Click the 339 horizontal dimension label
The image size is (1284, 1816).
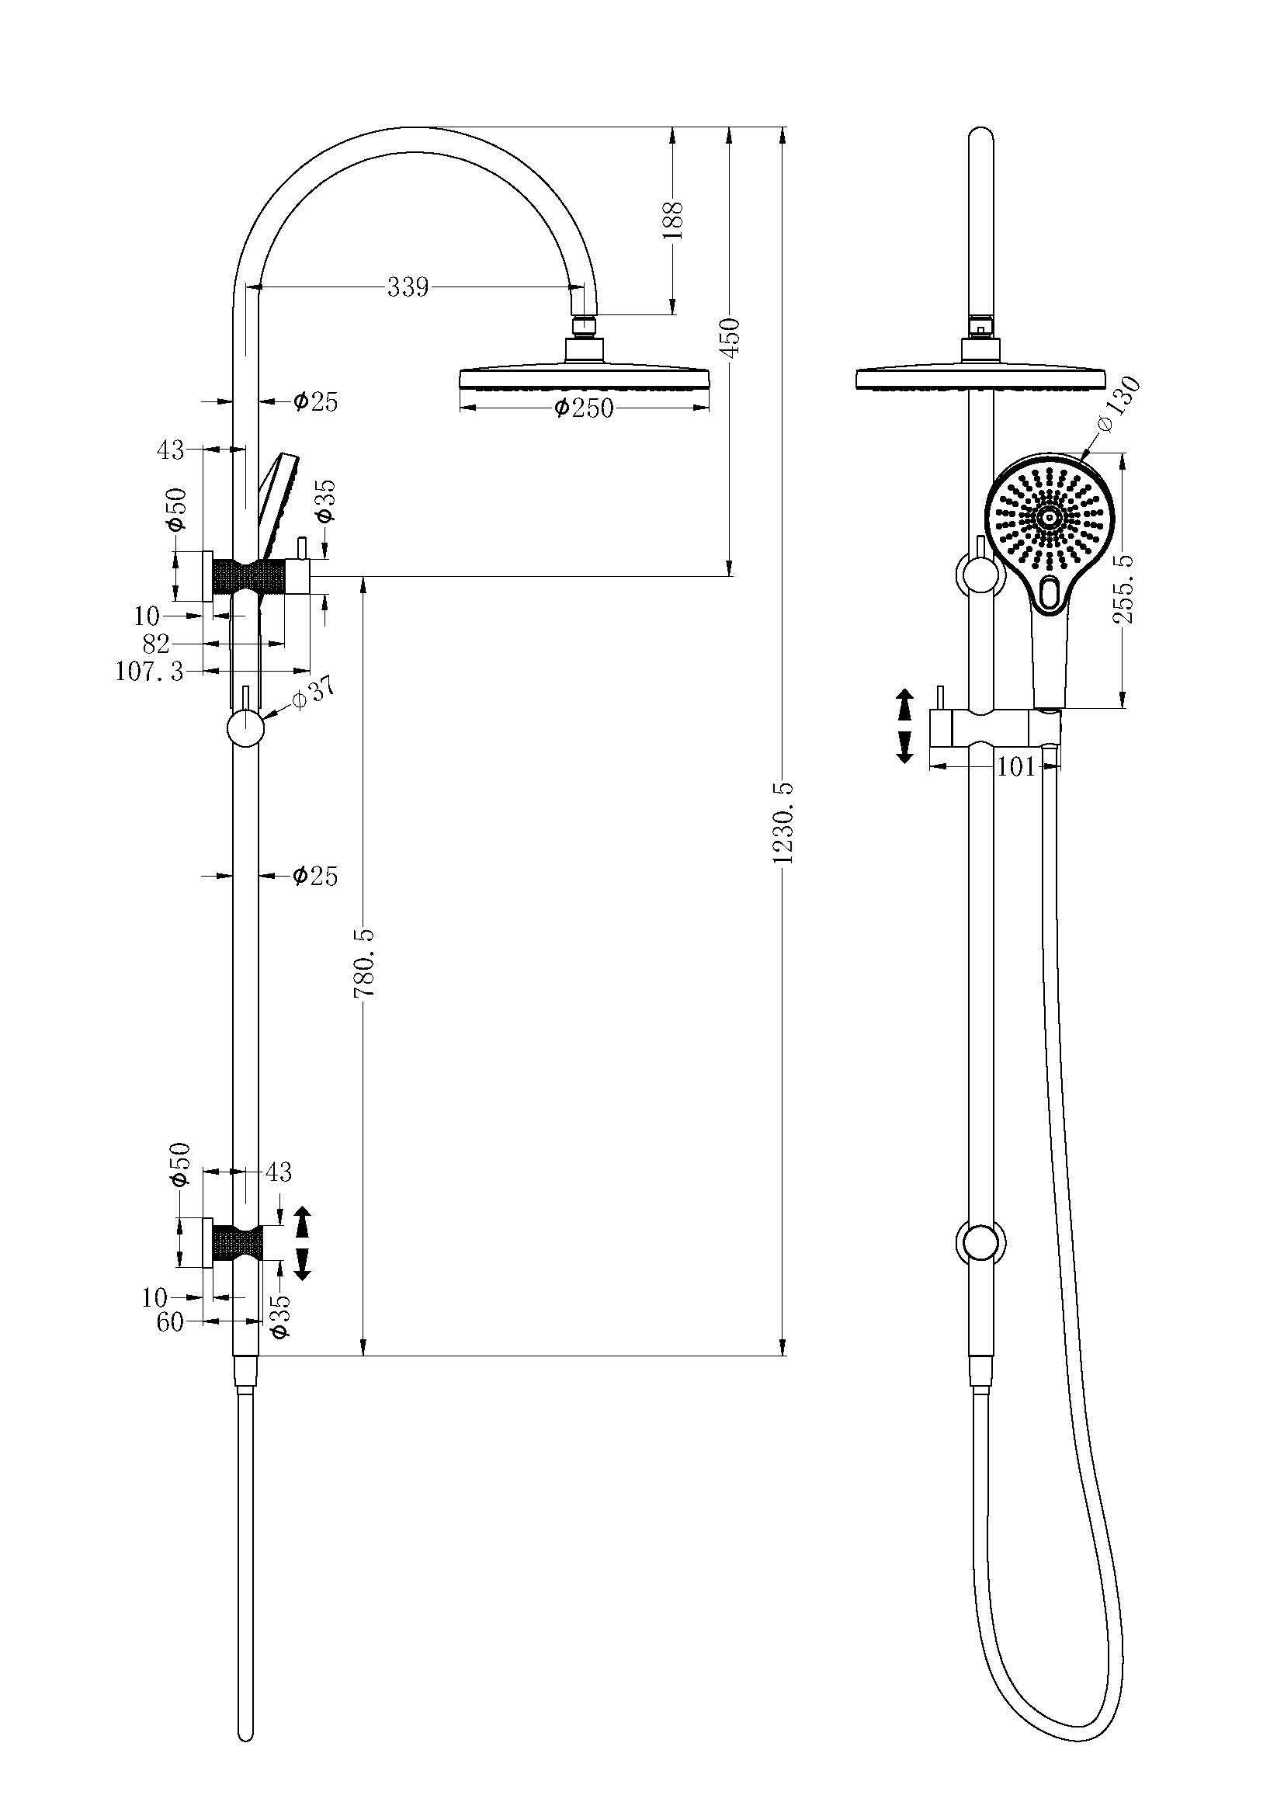pos(408,287)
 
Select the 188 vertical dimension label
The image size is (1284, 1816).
pos(673,221)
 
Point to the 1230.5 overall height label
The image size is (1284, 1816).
pos(783,822)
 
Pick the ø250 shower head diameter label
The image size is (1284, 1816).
pos(584,408)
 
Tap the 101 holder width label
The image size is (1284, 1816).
pos(1016,766)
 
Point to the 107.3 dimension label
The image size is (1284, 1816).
pos(151,672)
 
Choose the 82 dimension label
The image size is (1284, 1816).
pos(157,643)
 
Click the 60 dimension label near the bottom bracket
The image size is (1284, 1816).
pos(170,1321)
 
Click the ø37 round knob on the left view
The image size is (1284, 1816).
pos(245,728)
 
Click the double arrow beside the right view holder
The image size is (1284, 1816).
pos(904,725)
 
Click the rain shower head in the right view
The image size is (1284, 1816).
pos(980,377)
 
